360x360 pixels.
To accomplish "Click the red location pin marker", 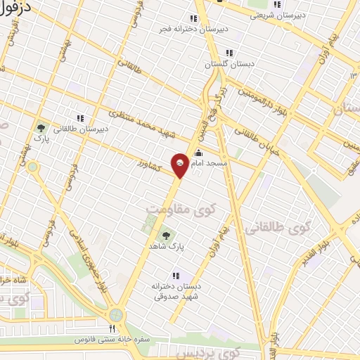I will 180,165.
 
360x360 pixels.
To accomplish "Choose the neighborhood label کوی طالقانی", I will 278,229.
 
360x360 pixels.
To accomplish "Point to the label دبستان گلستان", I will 228,63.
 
